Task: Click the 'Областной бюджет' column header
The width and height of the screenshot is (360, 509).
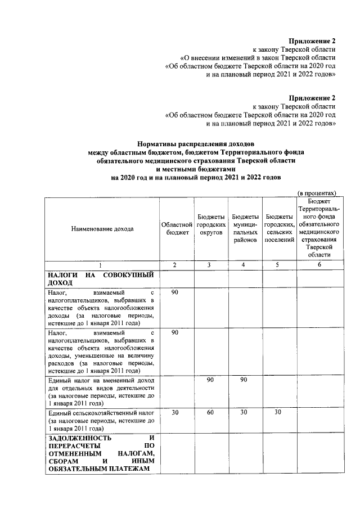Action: click(x=177, y=229)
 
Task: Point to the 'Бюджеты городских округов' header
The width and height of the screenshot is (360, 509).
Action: click(x=211, y=228)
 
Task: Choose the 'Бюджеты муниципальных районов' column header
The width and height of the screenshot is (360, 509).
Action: click(x=245, y=228)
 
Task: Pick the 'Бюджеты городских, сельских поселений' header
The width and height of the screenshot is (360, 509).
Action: click(x=279, y=228)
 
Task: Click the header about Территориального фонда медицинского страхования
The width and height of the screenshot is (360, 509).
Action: click(x=318, y=228)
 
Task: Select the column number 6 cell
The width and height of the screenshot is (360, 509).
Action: click(x=319, y=264)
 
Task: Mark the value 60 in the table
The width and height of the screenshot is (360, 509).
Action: click(x=210, y=413)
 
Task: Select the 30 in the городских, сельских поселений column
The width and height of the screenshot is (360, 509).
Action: click(x=277, y=413)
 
